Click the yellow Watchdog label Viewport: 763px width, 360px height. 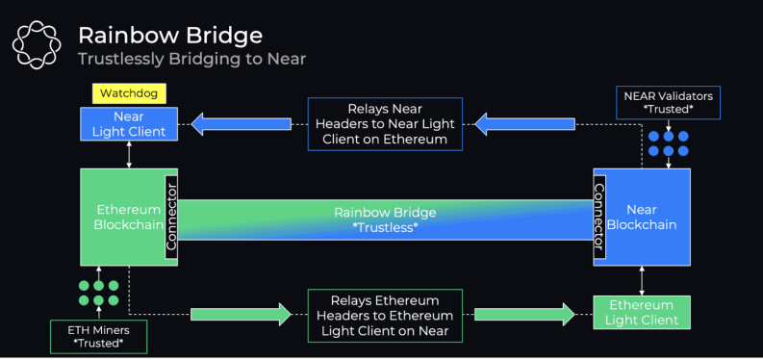(129, 93)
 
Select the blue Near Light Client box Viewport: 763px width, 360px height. (129, 124)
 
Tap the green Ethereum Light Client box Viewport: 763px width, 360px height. (642, 312)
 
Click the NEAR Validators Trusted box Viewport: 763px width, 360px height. (668, 102)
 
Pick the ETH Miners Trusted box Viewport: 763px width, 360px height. (99, 336)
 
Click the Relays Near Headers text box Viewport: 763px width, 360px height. (385, 124)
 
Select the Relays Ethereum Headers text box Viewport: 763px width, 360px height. (385, 316)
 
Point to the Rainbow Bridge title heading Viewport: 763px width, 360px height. (170, 36)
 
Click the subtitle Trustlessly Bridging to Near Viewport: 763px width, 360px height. (191, 59)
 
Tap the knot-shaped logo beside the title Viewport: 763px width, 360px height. (37, 43)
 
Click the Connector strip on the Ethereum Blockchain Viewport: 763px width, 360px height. (171, 217)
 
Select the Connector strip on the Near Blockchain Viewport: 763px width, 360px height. (599, 217)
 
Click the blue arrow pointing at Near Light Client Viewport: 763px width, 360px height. (241, 124)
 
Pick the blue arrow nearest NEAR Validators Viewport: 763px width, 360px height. (524, 124)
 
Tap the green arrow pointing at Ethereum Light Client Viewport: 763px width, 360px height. (524, 315)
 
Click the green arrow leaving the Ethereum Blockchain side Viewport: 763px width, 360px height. (241, 315)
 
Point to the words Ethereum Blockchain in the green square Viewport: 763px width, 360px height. (129, 217)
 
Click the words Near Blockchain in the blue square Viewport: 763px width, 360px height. (643, 217)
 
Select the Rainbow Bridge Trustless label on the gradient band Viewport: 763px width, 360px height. (385, 219)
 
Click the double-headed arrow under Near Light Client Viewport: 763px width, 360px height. (129, 155)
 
